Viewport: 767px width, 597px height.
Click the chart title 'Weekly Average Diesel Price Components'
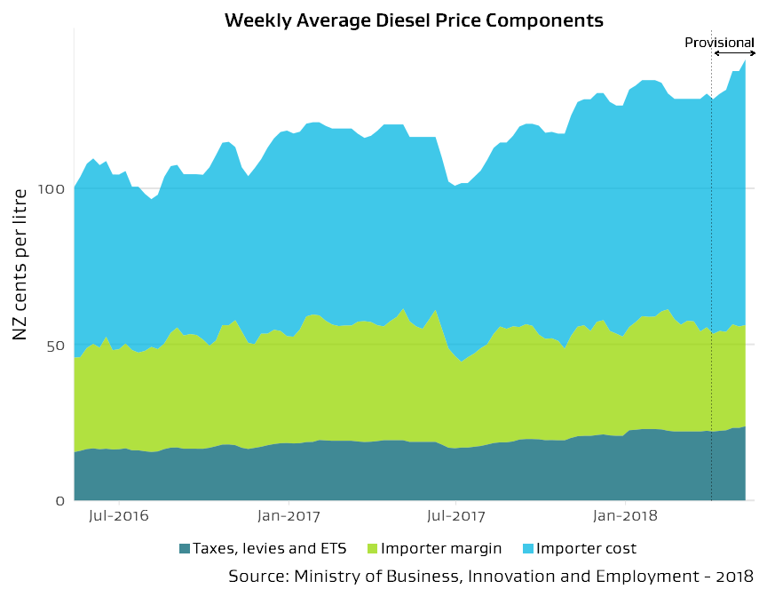[x=414, y=20]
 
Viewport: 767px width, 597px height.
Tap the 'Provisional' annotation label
[x=719, y=43]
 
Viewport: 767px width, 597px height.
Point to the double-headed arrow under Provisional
[x=734, y=54]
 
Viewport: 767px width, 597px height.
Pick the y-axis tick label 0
[x=60, y=501]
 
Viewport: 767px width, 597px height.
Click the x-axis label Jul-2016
[x=118, y=515]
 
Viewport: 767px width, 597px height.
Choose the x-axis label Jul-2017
[x=455, y=515]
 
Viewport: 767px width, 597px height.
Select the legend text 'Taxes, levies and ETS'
[x=270, y=548]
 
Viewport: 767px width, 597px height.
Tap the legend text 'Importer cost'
[x=587, y=548]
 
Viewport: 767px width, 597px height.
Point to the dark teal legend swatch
[x=185, y=548]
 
